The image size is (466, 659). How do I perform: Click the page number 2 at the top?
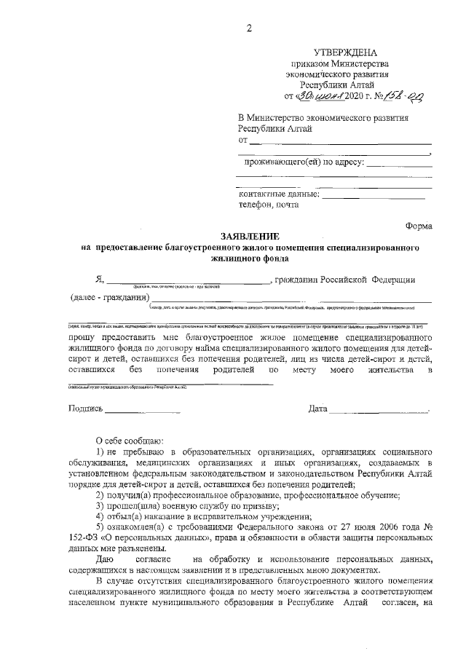248,28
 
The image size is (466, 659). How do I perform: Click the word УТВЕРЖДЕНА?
345,53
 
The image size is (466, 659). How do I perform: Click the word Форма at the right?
419,226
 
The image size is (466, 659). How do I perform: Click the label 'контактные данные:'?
280,194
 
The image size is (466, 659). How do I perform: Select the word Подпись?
86,409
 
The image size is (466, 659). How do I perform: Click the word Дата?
317,409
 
